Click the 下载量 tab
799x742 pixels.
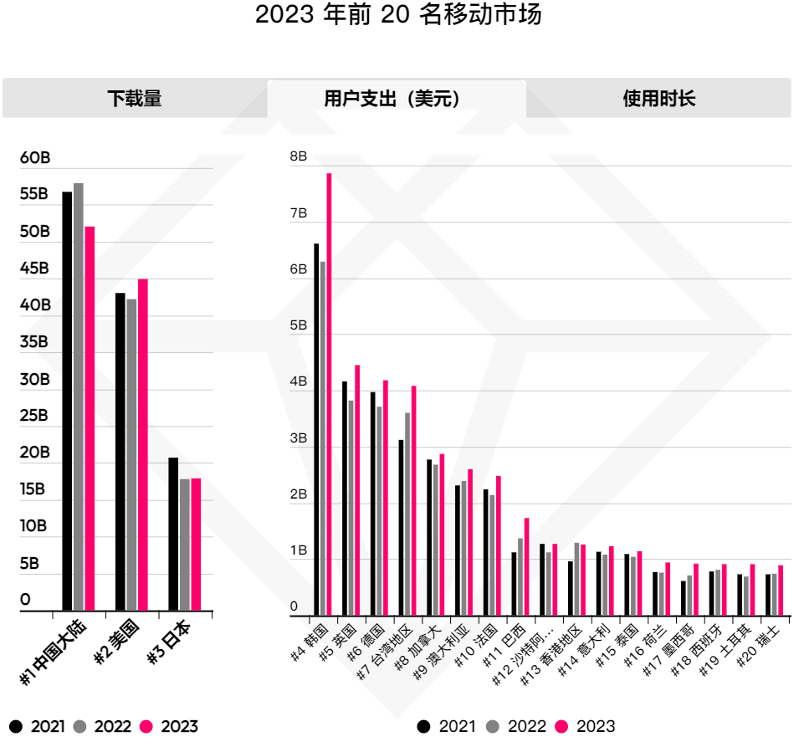point(134,99)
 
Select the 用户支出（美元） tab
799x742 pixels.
point(396,99)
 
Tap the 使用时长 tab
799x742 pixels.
point(658,99)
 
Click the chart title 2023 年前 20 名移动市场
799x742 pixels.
point(398,15)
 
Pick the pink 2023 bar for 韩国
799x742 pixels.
point(329,393)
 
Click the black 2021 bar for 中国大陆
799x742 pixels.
point(67,402)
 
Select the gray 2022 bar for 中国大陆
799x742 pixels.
point(79,397)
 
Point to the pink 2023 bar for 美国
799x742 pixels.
point(143,443)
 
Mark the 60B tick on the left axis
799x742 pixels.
point(35,158)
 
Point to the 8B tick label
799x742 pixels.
point(299,156)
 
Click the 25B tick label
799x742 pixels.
point(35,416)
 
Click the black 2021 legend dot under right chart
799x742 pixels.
point(424,726)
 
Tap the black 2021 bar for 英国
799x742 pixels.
point(345,499)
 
